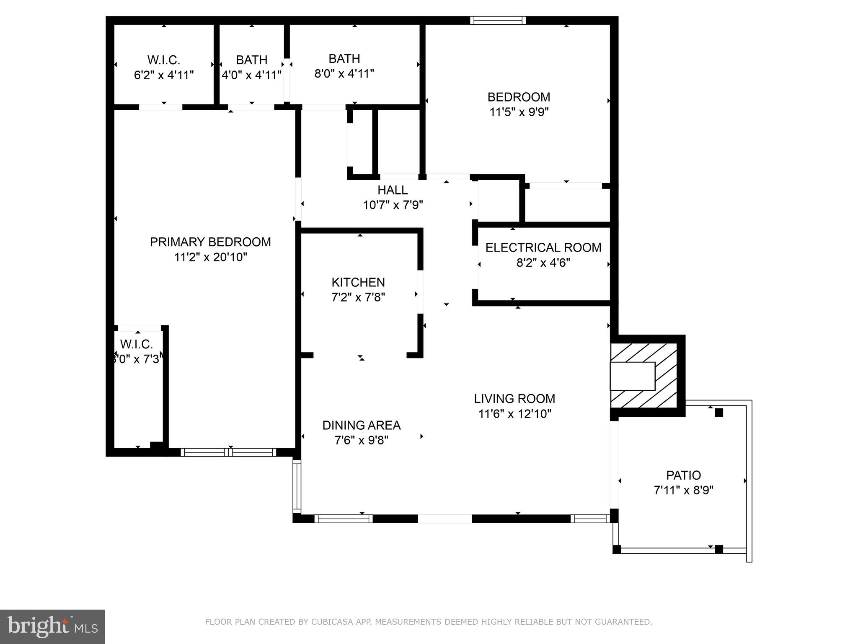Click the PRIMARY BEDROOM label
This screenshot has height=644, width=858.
point(210,242)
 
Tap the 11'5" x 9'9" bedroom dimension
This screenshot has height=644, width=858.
point(519,112)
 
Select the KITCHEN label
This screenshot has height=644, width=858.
point(358,282)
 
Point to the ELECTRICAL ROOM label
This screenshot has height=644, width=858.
point(543,247)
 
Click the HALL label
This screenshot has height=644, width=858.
point(392,190)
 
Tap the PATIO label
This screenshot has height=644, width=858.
point(683,475)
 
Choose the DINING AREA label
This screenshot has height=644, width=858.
point(361,425)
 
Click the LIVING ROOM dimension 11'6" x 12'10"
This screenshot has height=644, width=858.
point(514,414)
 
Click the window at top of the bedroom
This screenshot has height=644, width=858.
point(497,21)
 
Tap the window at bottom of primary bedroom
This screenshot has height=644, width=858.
point(228,452)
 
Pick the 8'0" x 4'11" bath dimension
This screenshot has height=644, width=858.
point(344,74)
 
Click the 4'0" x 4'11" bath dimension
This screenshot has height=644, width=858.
point(251,75)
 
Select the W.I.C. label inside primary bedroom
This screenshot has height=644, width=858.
point(136,344)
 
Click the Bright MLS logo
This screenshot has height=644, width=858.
point(52,627)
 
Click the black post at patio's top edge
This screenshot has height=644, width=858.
point(719,413)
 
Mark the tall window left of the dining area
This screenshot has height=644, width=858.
point(297,486)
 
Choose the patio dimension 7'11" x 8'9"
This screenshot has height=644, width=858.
point(683,490)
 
